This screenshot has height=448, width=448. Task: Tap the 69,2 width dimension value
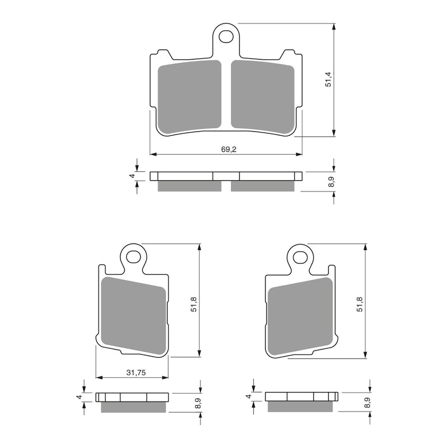226,149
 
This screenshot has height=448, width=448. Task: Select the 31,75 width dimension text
133,372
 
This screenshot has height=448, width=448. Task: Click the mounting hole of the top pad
226,37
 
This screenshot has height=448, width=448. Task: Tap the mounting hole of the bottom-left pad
133,257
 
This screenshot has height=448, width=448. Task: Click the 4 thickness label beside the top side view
133,176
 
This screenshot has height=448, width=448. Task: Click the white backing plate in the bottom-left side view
133,397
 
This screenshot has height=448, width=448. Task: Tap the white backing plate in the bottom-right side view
301,397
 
